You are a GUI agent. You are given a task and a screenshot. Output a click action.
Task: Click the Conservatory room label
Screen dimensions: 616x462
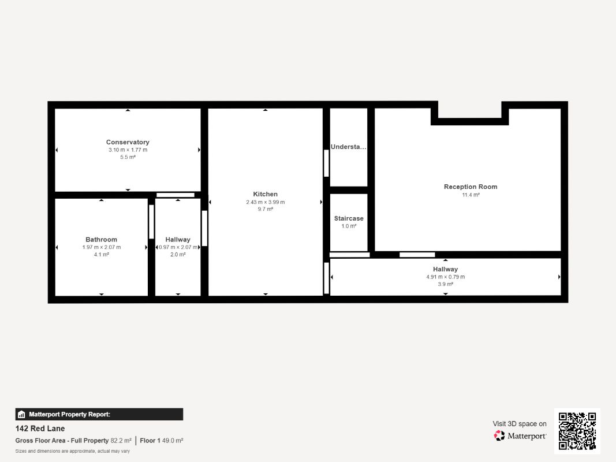[128, 142]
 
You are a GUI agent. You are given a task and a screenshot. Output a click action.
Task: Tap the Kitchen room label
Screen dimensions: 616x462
[265, 194]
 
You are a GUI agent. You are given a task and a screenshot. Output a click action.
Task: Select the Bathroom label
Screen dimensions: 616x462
[102, 240]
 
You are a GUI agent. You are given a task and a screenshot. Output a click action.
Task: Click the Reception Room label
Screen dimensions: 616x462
[471, 187]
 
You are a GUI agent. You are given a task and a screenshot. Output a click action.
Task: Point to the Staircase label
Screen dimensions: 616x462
[349, 218]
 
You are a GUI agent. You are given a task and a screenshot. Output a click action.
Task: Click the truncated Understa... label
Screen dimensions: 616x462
[349, 147]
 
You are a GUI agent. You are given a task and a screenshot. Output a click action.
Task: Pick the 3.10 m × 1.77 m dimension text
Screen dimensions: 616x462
[128, 150]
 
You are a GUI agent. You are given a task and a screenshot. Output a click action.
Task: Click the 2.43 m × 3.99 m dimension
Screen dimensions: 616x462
[266, 202]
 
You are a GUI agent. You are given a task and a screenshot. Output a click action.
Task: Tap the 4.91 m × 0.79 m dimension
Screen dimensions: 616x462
[446, 277]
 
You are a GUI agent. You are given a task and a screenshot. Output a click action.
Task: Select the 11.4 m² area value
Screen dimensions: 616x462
[471, 195]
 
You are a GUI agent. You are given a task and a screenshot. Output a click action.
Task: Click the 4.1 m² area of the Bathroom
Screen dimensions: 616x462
[102, 255]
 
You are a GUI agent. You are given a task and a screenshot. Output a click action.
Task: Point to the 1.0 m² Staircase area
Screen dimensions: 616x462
[349, 226]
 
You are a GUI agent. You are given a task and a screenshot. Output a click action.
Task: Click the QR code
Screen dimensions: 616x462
[577, 431]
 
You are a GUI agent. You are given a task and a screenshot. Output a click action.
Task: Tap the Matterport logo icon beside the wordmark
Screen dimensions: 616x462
[499, 435]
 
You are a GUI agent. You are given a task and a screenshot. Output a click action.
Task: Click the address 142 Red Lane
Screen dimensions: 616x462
[40, 429]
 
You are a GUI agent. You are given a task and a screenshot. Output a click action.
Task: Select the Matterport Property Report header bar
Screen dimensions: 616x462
[99, 415]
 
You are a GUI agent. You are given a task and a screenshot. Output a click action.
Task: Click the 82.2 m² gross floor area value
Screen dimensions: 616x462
[121, 441]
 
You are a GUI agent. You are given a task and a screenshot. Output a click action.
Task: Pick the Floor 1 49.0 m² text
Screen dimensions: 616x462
[162, 441]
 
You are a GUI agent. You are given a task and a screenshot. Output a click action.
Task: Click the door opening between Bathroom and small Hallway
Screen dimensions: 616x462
[151, 222]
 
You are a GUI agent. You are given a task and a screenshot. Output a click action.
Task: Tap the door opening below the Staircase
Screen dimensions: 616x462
[350, 255]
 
